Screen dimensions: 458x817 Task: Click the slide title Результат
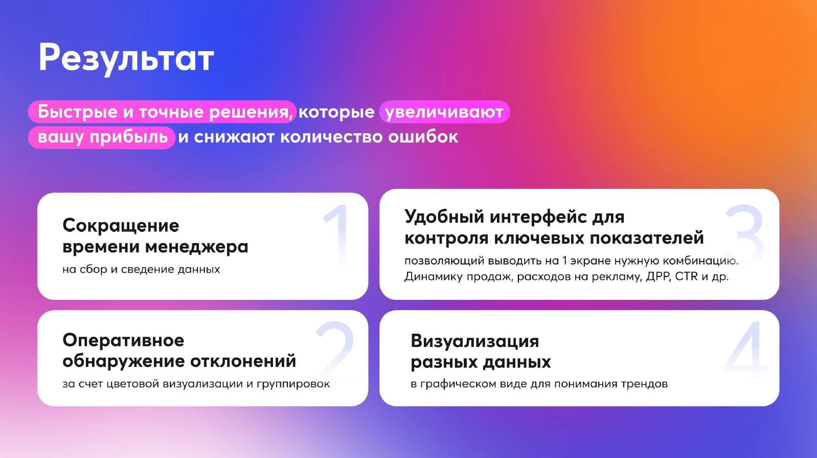point(126,58)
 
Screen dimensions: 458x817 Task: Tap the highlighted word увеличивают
point(444,112)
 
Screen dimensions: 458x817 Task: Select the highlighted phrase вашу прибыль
point(102,137)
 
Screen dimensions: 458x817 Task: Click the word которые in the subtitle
point(336,112)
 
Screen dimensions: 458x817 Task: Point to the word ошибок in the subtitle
point(423,137)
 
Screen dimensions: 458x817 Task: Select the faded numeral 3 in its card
point(744,233)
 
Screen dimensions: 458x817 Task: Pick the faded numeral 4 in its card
point(746,351)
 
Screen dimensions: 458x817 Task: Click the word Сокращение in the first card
point(121,225)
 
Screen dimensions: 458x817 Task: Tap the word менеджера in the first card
point(197,247)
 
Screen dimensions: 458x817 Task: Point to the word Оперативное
point(123,340)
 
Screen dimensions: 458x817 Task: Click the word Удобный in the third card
point(444,217)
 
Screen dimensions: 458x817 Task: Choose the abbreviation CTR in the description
point(686,276)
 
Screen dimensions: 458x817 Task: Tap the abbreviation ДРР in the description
point(658,277)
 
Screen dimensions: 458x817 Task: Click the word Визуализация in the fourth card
point(474,341)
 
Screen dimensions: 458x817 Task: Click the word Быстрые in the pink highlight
point(77,112)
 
